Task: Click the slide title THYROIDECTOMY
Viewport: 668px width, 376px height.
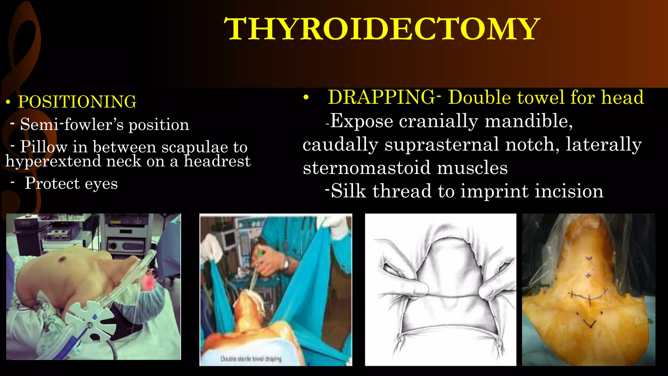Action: [382, 29]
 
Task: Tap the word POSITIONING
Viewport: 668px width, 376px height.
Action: [77, 102]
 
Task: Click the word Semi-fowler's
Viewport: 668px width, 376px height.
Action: [72, 124]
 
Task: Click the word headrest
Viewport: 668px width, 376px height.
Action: [217, 161]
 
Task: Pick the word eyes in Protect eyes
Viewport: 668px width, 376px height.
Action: [101, 184]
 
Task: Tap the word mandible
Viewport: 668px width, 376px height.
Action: [528, 121]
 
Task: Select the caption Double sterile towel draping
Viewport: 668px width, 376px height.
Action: [251, 359]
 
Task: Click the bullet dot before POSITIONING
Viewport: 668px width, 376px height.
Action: [8, 103]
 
